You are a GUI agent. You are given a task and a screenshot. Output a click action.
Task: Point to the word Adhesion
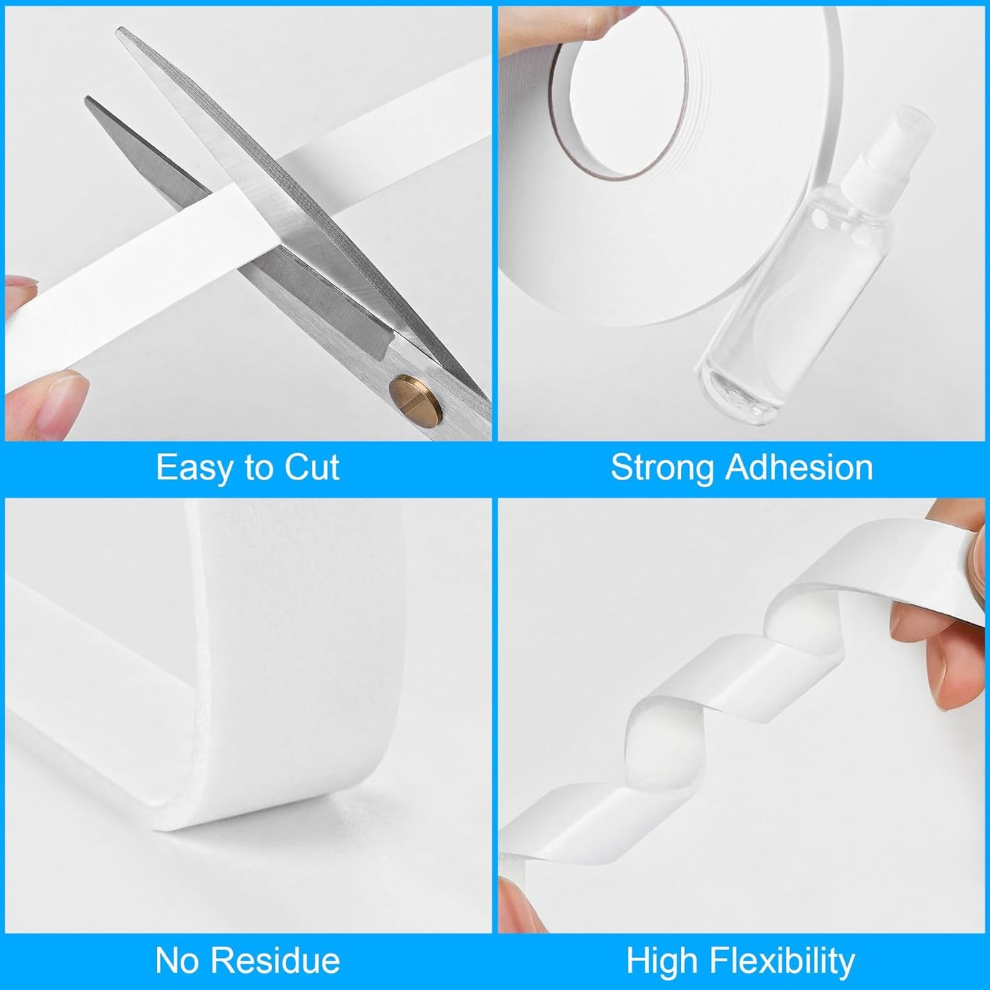[x=799, y=468]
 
